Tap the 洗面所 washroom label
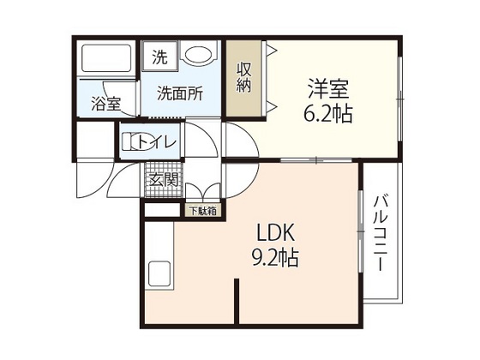click(x=179, y=94)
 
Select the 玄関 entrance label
click(x=163, y=180)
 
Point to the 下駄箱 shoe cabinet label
click(x=203, y=210)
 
